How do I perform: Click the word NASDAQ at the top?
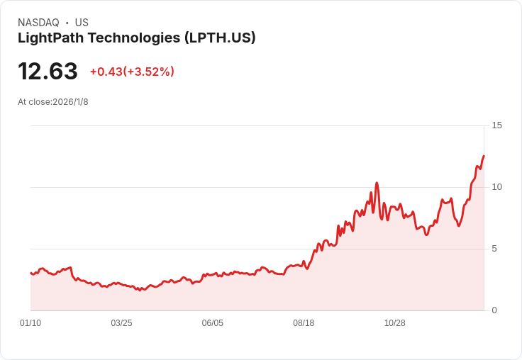pos(38,23)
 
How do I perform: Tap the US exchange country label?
pos(82,23)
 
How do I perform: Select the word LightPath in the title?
pos(49,38)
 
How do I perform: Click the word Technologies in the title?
pos(132,38)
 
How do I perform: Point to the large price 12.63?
pos(48,72)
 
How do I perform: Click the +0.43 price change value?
pos(106,72)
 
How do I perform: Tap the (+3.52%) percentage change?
pos(149,72)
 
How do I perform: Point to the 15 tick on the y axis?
pos(496,125)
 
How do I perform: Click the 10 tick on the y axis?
pos(496,187)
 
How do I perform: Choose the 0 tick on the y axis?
pos(494,310)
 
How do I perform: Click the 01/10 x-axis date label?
pos(30,323)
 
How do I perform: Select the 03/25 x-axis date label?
pos(121,323)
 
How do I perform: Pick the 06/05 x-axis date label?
pos(212,323)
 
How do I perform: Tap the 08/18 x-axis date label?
pos(304,323)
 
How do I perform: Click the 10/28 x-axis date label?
pos(394,323)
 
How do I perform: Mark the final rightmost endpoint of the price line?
pos(484,156)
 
